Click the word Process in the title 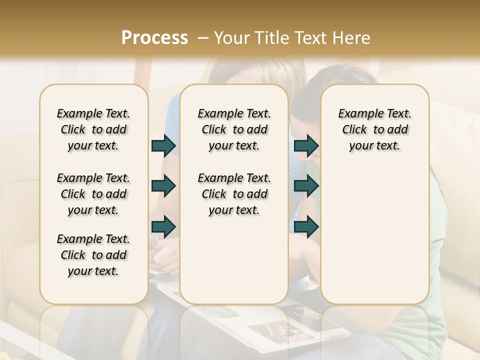click(154, 37)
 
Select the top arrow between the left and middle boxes click(163, 145)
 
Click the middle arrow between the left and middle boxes click(163, 186)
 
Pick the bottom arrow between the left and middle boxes click(163, 226)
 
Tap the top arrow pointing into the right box click(306, 145)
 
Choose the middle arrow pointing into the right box click(306, 186)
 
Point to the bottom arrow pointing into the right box click(306, 226)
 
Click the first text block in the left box click(93, 129)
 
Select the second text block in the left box click(93, 194)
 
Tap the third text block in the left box click(93, 255)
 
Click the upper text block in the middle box click(234, 129)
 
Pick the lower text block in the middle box click(234, 194)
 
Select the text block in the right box click(374, 129)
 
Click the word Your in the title click(231, 37)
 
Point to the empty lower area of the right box click(374, 235)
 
